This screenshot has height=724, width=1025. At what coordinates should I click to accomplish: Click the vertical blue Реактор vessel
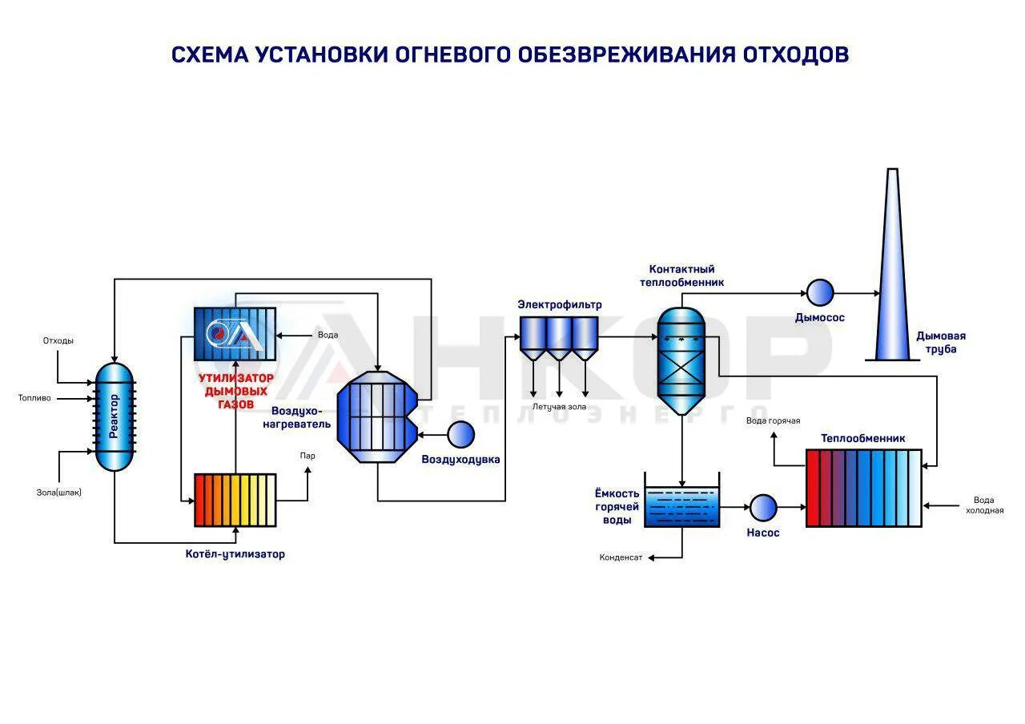tap(115, 416)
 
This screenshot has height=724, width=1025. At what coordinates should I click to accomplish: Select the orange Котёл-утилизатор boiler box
tap(235, 500)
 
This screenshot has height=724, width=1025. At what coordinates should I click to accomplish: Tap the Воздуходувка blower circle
tap(460, 434)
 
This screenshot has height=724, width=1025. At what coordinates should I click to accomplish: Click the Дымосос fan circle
tap(819, 292)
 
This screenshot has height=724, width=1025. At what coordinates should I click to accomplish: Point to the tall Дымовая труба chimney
tap(891, 272)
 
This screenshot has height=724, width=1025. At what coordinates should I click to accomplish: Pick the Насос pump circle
tap(762, 507)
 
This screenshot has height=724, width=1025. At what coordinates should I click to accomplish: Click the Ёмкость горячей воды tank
tap(681, 506)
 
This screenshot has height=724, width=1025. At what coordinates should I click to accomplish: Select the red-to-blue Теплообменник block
tap(863, 488)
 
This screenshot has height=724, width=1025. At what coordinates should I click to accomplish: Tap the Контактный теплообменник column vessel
tap(681, 360)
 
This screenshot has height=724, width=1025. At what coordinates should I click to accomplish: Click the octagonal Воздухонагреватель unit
tap(378, 416)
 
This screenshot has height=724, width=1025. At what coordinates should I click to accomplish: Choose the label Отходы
tap(58, 340)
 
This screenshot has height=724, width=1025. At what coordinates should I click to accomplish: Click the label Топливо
tap(34, 397)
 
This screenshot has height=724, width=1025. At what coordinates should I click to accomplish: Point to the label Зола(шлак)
tap(58, 492)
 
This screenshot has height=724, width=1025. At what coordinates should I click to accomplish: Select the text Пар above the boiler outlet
tap(307, 456)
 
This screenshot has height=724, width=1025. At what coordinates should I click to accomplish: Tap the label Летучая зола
tap(559, 407)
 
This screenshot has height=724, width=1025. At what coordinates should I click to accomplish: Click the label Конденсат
tap(621, 557)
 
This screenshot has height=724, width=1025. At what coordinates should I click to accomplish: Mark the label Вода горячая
tap(773, 420)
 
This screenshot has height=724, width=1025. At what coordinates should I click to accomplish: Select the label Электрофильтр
tap(559, 304)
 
